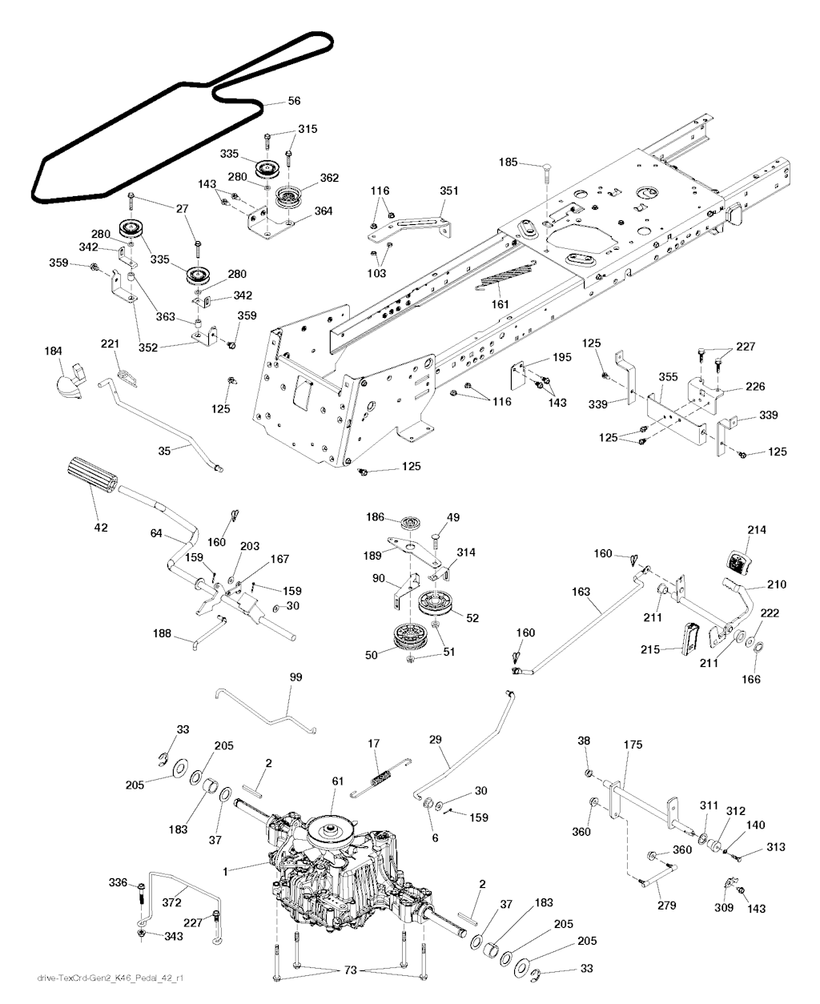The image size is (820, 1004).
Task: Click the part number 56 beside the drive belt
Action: (294, 101)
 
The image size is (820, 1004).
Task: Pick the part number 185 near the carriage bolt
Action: (508, 163)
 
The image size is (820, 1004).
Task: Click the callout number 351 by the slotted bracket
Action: (448, 191)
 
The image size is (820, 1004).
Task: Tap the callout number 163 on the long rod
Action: (581, 592)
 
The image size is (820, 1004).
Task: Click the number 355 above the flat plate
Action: (668, 377)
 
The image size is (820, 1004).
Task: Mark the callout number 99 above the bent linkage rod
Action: (295, 677)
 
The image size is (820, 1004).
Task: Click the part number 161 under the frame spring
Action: (500, 303)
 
